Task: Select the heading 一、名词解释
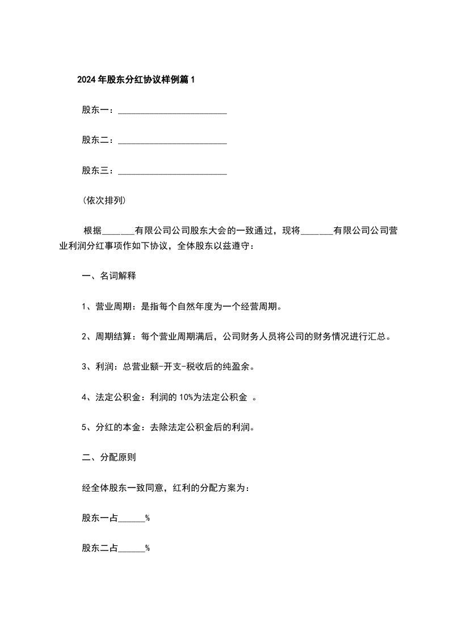[108, 277]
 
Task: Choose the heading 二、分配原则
[108, 457]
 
